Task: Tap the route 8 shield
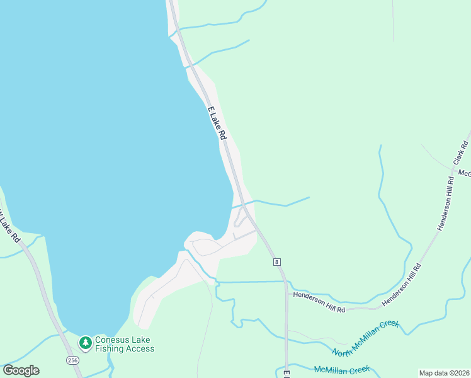[x=276, y=261]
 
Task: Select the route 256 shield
[x=72, y=360]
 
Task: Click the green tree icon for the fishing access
[x=85, y=343]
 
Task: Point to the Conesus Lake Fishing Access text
[x=125, y=344]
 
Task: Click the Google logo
[x=21, y=370]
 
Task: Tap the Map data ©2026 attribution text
[x=444, y=373]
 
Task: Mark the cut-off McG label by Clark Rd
[x=465, y=173]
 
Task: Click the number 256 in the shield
[x=72, y=360]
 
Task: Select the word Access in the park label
[x=140, y=348]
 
